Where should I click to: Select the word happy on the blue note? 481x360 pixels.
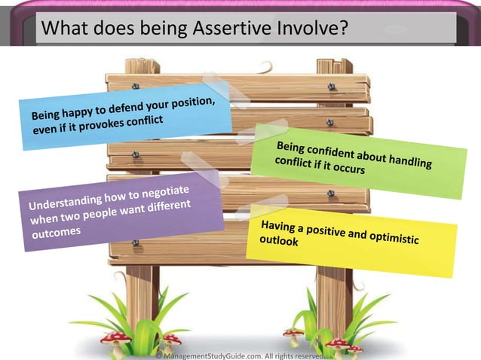(x=81, y=114)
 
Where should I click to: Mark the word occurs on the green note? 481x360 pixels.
(x=349, y=170)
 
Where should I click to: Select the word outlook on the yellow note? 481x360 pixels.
(x=279, y=242)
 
